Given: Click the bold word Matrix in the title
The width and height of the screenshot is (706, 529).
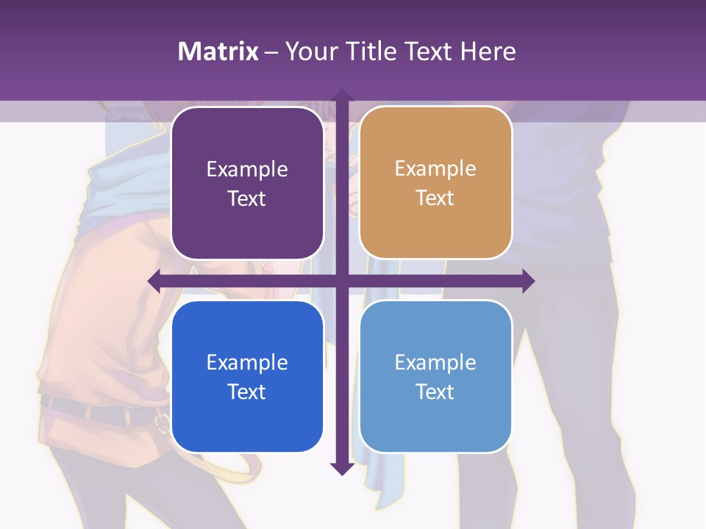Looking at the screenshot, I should (218, 51).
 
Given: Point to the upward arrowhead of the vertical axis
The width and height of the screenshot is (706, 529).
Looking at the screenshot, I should (341, 95).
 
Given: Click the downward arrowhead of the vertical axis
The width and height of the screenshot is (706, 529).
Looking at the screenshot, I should (341, 469).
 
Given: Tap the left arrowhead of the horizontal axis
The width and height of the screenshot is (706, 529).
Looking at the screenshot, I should (154, 281).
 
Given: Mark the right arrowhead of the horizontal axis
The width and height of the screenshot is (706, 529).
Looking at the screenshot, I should (528, 281).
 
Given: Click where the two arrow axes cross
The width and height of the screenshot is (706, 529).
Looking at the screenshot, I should (341, 281).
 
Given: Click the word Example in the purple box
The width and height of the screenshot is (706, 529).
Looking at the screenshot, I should (247, 170).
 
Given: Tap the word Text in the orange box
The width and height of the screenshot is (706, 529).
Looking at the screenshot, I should (435, 198).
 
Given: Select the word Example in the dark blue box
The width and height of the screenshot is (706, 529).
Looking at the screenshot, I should (247, 362).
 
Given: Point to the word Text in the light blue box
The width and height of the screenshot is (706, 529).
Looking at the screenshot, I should (435, 392).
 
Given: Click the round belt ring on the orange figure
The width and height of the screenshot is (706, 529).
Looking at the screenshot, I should (162, 421).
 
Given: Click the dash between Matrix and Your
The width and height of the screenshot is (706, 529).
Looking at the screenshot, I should (271, 51).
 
